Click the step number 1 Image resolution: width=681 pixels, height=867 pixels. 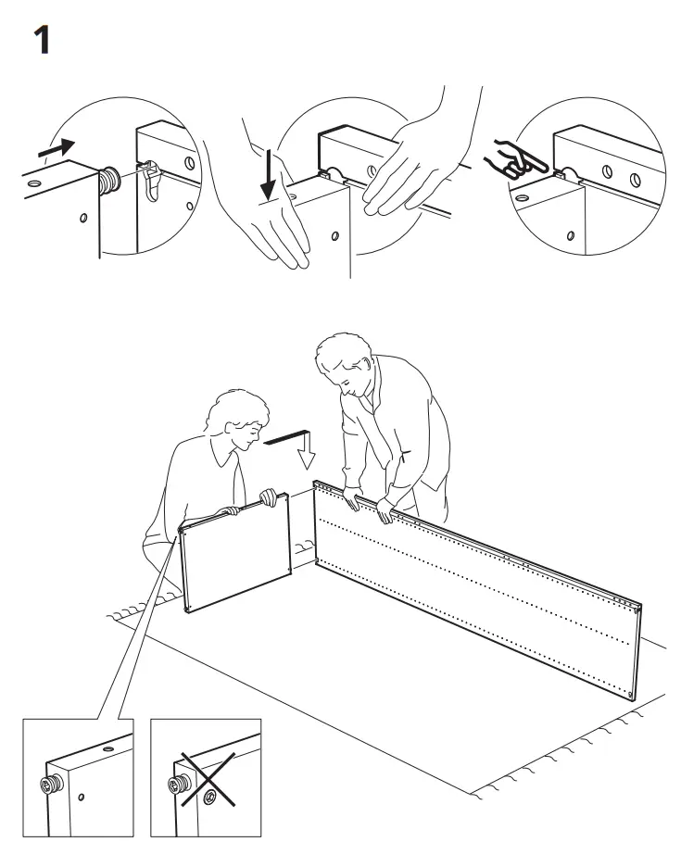[x=42, y=43]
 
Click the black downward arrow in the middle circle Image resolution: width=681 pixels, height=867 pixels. [x=269, y=176]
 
